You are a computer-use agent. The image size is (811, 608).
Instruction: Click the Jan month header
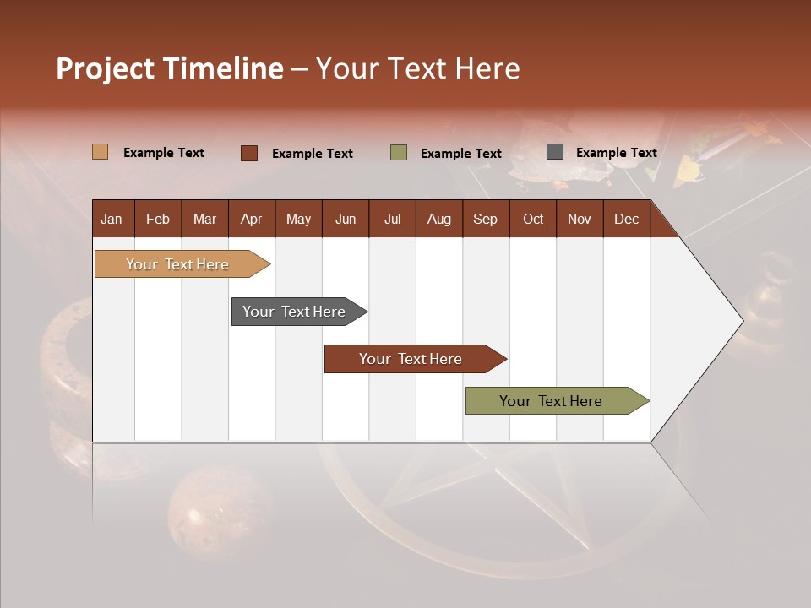[112, 219]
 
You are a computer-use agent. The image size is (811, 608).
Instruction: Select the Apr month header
[251, 219]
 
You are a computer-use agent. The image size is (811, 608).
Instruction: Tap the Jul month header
[392, 219]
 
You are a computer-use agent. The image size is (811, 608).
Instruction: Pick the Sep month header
[485, 219]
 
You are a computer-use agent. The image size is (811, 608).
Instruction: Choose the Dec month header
[626, 219]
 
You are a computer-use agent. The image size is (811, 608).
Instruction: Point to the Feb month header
[158, 219]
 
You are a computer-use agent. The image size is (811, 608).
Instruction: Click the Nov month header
[579, 219]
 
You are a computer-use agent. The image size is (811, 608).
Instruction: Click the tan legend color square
[101, 152]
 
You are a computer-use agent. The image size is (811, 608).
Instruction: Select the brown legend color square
[248, 153]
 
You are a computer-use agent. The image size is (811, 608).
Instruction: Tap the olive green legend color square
[399, 153]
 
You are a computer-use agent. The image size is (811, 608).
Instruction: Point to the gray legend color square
[555, 152]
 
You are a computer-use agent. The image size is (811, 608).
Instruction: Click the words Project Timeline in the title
[169, 68]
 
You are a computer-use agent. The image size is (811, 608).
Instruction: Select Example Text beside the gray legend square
[616, 153]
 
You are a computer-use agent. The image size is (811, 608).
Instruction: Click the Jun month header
[345, 219]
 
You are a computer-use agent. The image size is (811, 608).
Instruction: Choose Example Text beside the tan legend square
[163, 153]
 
